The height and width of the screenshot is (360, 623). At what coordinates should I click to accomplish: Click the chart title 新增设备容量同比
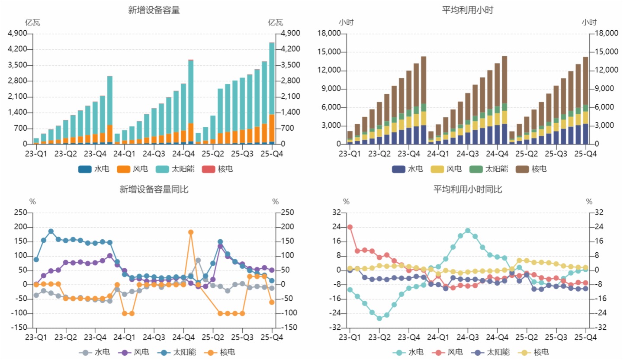[x=154, y=189]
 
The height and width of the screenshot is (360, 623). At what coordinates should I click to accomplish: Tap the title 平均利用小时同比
[x=468, y=189]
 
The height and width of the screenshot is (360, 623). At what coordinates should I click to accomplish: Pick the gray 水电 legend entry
[x=96, y=352]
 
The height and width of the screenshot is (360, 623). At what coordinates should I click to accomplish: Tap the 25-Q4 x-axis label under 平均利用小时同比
[x=586, y=337]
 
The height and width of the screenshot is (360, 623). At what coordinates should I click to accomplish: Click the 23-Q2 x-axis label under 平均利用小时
[x=379, y=154]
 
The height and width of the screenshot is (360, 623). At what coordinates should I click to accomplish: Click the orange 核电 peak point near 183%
[x=191, y=232]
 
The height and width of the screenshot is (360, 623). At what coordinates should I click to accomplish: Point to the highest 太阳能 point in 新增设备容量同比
[x=51, y=231]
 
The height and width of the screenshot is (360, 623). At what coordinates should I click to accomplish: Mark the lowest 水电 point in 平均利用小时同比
[x=379, y=318]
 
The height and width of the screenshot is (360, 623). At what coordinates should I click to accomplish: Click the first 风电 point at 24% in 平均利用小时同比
[x=350, y=227]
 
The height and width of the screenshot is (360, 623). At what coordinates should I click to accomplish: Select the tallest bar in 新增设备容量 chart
[x=272, y=93]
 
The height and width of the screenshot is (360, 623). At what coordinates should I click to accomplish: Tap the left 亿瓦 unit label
[x=32, y=22]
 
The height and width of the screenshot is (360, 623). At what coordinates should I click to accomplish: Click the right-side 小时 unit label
[x=589, y=22]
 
